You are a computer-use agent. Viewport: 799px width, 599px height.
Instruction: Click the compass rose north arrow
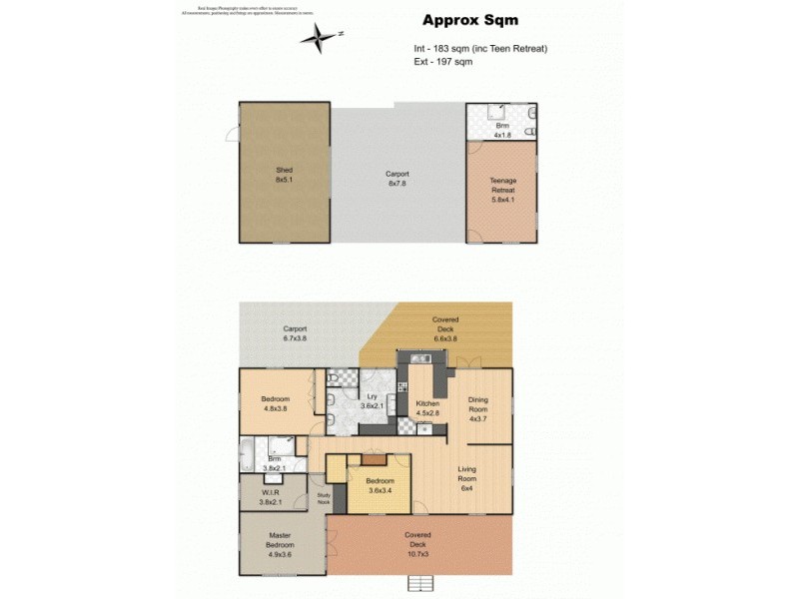(x=320, y=38)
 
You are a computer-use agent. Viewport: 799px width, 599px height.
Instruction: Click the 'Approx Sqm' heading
(x=469, y=20)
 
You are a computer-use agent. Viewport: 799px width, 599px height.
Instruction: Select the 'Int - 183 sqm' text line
(x=480, y=48)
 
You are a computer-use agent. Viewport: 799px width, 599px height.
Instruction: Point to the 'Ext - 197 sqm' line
(x=442, y=62)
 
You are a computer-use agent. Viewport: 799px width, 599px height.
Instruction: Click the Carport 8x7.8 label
(x=398, y=178)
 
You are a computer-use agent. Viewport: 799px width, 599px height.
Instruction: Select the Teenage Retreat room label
(x=502, y=190)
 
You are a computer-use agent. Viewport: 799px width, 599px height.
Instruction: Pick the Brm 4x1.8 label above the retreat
(x=502, y=130)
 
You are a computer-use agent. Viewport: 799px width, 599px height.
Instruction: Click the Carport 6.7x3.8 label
(x=294, y=332)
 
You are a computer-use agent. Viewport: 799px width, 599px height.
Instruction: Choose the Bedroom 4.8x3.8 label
(x=275, y=403)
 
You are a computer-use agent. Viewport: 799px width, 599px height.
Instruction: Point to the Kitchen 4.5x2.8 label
(x=427, y=408)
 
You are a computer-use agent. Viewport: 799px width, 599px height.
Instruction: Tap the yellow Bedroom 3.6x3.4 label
(x=380, y=484)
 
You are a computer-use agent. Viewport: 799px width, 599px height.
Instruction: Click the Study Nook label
(x=323, y=498)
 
